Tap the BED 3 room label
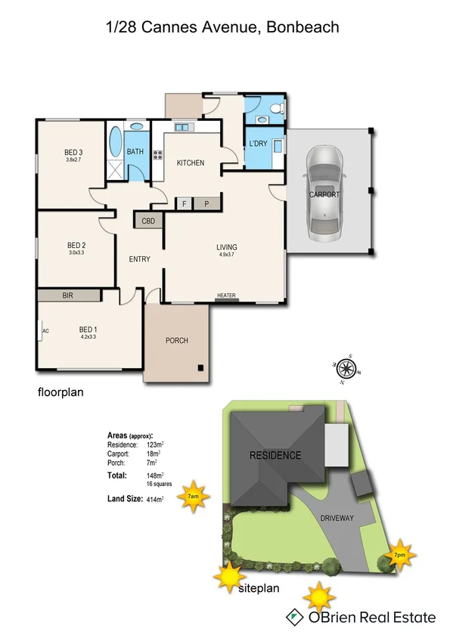(x=73, y=153)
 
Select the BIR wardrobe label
(x=68, y=296)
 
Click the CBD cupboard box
(x=147, y=221)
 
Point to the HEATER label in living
(x=227, y=296)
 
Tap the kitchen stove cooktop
(x=159, y=156)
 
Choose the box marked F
(x=184, y=203)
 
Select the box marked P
(x=206, y=203)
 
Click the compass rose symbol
(x=347, y=370)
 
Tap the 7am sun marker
(x=194, y=497)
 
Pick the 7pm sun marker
(x=399, y=555)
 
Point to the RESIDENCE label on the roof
(x=275, y=455)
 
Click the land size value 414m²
(x=155, y=500)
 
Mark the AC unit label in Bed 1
(x=45, y=331)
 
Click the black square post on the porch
(x=201, y=368)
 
